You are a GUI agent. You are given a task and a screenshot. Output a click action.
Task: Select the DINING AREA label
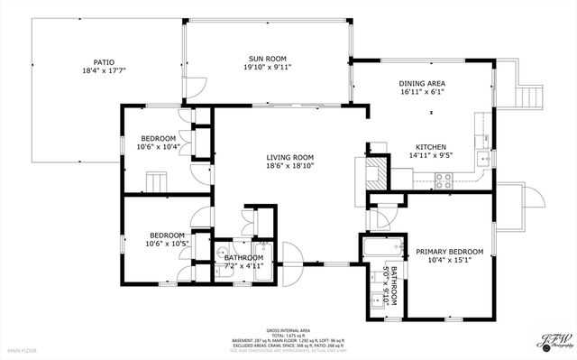pyautogui.click(x=422, y=84)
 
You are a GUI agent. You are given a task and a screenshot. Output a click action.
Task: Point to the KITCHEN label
pyautogui.click(x=431, y=147)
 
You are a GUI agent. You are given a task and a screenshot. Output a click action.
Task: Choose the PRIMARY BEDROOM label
pyautogui.click(x=449, y=252)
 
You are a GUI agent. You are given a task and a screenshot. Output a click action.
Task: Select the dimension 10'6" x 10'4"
pyautogui.click(x=158, y=146)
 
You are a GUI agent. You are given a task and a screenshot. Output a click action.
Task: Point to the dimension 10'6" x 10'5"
pyautogui.click(x=167, y=243)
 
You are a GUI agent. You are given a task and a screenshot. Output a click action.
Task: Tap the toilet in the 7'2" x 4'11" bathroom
pyautogui.click(x=222, y=253)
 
